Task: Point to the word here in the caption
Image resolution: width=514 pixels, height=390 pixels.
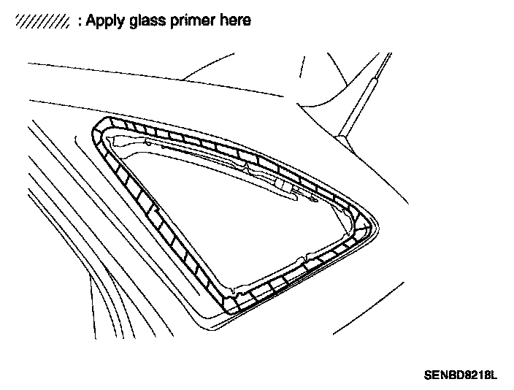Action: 234,20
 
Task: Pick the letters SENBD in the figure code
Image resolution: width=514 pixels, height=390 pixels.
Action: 440,376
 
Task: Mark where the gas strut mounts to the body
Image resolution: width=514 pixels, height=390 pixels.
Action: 341,135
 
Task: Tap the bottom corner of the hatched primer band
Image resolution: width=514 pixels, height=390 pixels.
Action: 232,303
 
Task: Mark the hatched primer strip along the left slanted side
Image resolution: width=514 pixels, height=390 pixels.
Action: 153,212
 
